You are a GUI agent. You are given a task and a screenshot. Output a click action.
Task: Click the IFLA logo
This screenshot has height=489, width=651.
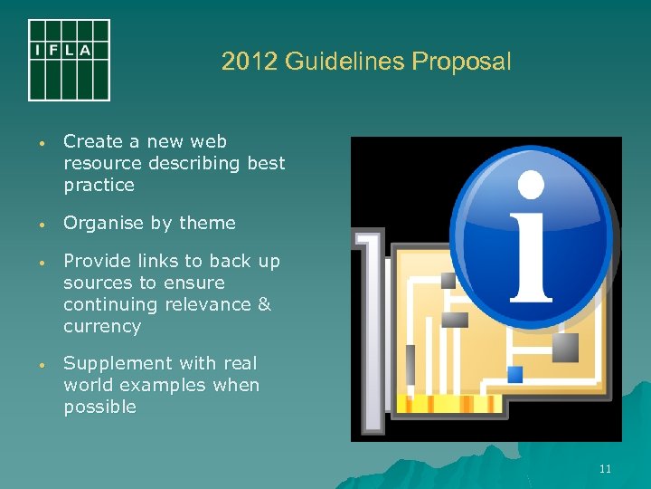69,60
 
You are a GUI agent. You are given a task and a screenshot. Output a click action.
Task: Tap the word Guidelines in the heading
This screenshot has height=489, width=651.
344,62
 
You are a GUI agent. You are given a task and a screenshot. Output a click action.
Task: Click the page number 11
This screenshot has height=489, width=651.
605,468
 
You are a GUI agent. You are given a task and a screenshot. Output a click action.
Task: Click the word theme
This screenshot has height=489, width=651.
207,223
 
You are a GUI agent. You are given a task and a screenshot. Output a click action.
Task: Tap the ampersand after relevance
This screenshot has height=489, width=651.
264,304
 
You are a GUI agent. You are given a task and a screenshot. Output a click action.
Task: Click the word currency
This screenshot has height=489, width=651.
102,326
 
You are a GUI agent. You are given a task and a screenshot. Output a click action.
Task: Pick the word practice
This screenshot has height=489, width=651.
99,185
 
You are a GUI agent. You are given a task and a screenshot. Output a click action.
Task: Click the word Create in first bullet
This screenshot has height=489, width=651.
93,141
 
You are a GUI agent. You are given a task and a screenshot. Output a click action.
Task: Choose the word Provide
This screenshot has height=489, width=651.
96,261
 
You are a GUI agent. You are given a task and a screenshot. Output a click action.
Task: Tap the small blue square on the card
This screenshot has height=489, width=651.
515,373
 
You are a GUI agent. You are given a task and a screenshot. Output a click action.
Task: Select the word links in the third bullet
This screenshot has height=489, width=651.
157,261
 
